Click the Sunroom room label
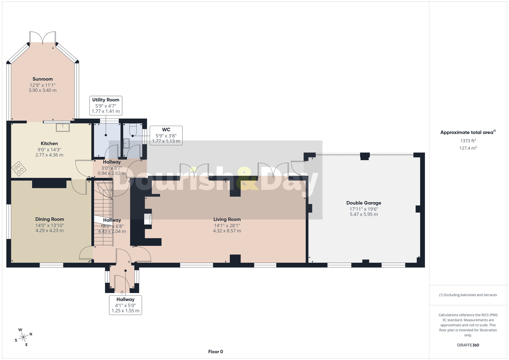click(43, 79)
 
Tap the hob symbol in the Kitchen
click(19, 168)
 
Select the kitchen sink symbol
click(63, 127)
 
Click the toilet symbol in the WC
click(133, 129)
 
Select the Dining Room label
click(50, 219)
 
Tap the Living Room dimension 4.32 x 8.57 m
click(227, 231)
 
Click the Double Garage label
click(364, 203)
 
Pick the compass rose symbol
click(23, 337)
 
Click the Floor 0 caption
click(216, 352)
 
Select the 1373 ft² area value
click(468, 140)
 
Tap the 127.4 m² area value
click(468, 148)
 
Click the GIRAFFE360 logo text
click(468, 345)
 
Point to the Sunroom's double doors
click(43, 37)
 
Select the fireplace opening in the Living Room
click(148, 219)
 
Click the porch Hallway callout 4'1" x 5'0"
click(125, 305)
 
